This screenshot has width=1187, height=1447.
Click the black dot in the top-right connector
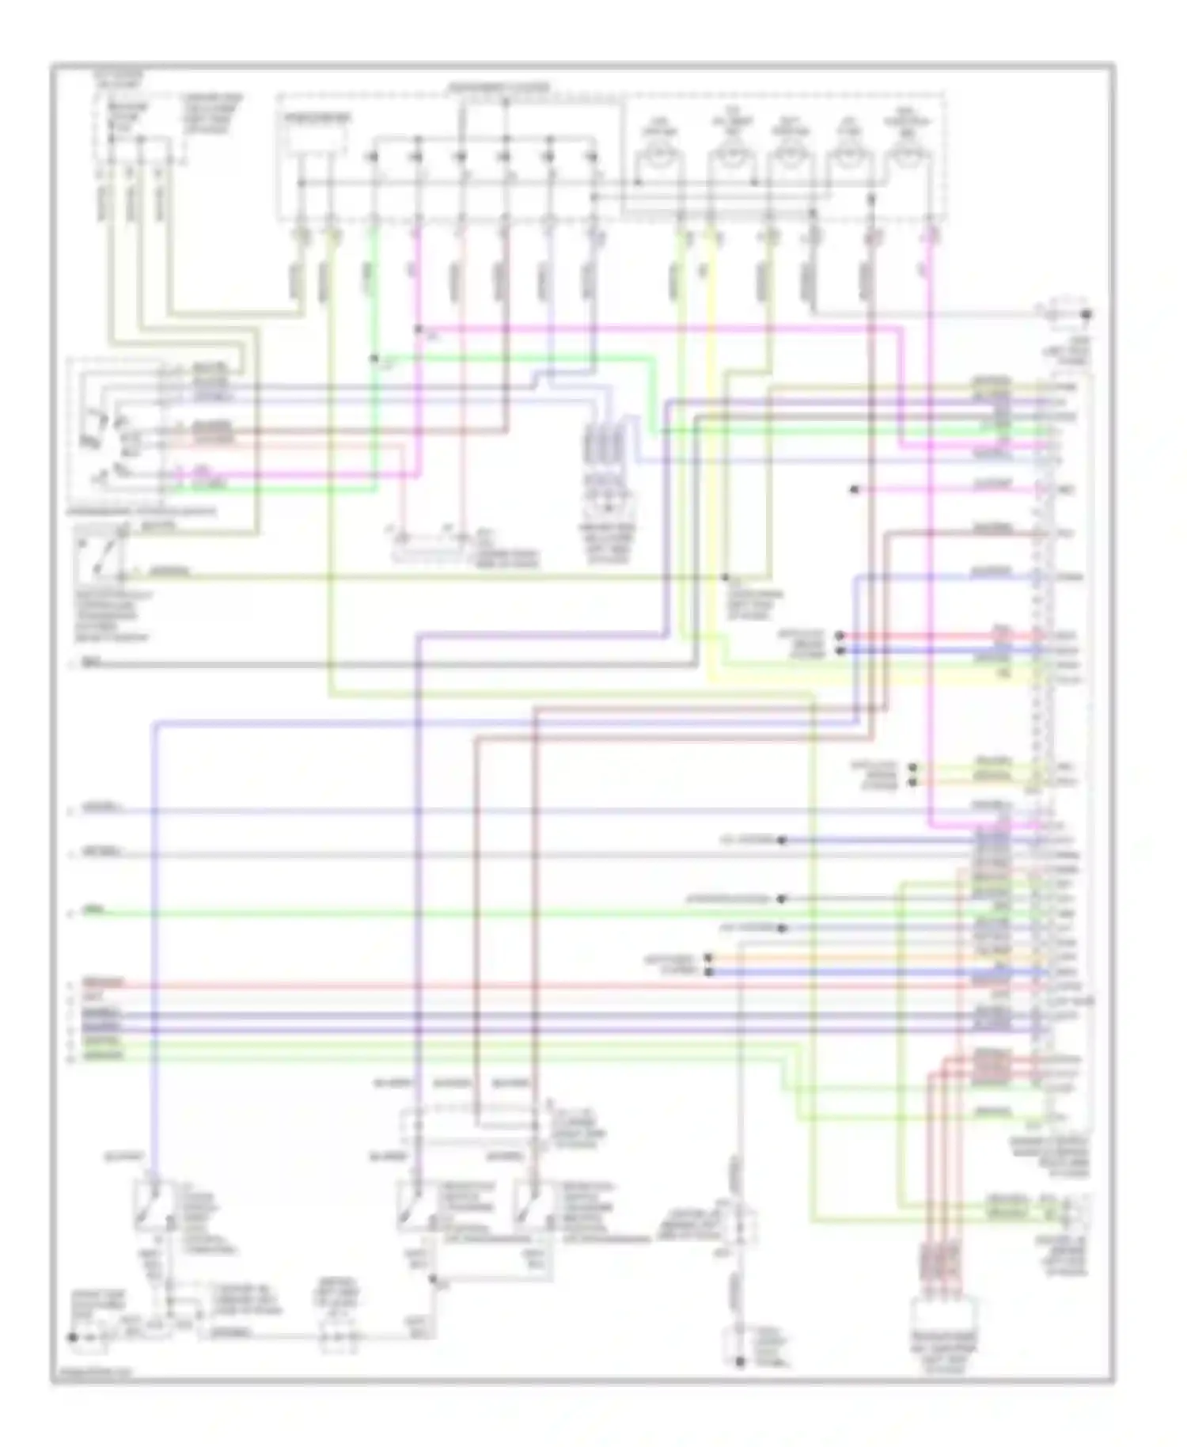click(x=1087, y=315)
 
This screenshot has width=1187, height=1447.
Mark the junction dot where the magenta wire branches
click(x=418, y=329)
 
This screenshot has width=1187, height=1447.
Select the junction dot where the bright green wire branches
click(x=374, y=359)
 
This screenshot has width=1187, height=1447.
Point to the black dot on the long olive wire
click(x=726, y=577)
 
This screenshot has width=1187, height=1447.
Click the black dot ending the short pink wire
click(x=854, y=490)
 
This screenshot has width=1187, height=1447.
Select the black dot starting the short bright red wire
click(x=840, y=636)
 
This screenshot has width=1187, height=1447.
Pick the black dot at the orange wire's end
click(x=708, y=958)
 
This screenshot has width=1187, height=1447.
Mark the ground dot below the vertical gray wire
click(x=739, y=1362)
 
